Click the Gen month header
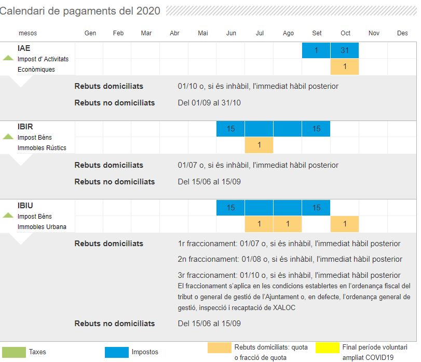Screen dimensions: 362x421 90,33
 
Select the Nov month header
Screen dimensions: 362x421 374,33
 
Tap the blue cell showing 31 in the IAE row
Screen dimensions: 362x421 345,50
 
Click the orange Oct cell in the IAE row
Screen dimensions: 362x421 345,66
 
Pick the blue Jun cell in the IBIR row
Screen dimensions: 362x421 230,129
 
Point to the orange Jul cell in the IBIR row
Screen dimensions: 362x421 259,145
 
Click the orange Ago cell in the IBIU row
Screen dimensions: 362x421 288,223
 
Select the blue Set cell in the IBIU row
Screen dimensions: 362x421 316,208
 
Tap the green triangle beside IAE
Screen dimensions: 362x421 8,58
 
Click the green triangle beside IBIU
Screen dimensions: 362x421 8,215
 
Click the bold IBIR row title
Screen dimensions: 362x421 25,127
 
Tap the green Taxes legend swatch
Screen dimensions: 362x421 14,352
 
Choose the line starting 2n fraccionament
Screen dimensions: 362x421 290,259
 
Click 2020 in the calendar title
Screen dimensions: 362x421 148,11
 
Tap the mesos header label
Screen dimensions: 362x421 28,33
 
